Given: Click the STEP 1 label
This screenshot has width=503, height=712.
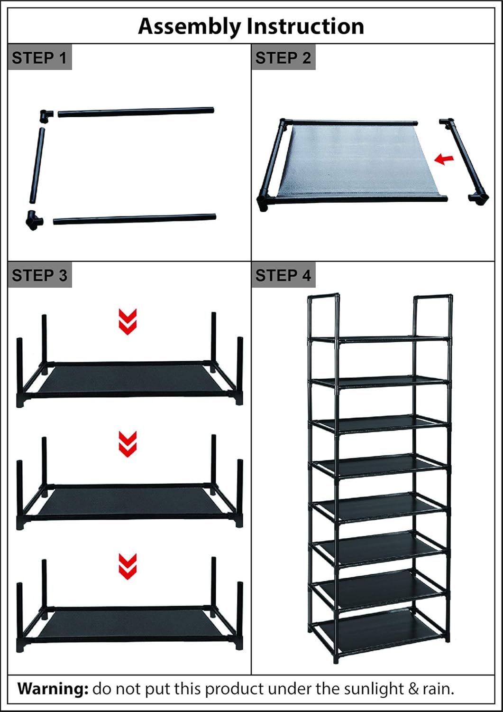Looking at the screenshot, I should tap(39, 58).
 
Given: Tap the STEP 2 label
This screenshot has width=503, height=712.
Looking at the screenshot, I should tap(283, 58).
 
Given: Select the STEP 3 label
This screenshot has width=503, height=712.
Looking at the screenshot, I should tap(39, 275).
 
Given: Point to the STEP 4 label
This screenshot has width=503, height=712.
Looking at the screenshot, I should tap(283, 275).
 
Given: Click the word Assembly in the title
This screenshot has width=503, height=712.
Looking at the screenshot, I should tap(189, 27).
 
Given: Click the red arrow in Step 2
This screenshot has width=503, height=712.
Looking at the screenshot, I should tap(444, 159).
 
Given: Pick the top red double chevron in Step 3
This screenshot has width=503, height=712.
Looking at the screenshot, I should tap(128, 321).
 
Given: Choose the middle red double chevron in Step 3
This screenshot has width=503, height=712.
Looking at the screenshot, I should tap(128, 444).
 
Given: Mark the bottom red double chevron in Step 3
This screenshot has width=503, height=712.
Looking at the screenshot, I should tap(128, 566).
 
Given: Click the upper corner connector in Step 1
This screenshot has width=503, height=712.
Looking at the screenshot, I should tap(46, 115).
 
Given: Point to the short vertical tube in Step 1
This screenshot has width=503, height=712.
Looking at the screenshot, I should tap(37, 166).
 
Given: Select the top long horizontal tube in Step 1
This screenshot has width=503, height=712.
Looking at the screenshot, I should tap(136, 112).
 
